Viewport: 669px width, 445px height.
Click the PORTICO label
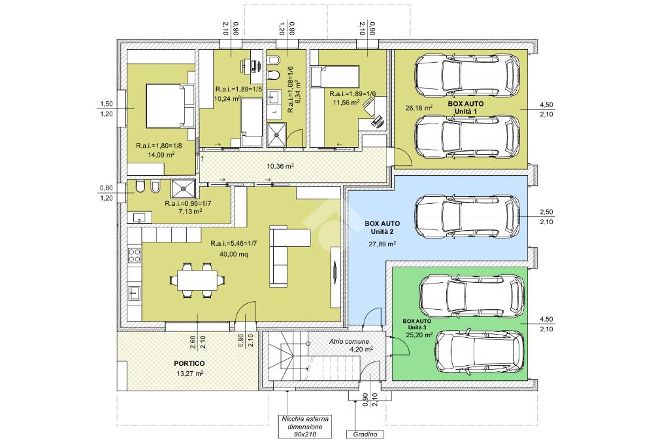click(x=189, y=363)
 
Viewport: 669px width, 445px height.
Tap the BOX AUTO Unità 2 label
click(x=382, y=227)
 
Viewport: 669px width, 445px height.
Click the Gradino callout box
click(x=365, y=435)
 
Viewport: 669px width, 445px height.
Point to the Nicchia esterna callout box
click(x=305, y=427)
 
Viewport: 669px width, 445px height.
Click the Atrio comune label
click(x=349, y=341)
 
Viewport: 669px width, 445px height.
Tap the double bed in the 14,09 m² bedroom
click(x=171, y=106)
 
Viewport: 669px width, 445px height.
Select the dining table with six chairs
click(x=197, y=280)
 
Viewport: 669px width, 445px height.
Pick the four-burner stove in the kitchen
click(x=135, y=255)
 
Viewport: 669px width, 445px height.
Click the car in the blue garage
click(x=467, y=217)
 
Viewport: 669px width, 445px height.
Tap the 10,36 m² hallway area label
click(x=280, y=166)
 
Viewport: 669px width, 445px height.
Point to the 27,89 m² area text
click(x=382, y=244)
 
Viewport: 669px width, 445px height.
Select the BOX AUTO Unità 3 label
click(x=417, y=324)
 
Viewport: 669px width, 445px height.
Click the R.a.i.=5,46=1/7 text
click(x=233, y=244)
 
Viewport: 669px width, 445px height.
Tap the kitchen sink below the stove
click(x=135, y=293)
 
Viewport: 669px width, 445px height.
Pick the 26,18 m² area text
click(x=419, y=108)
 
